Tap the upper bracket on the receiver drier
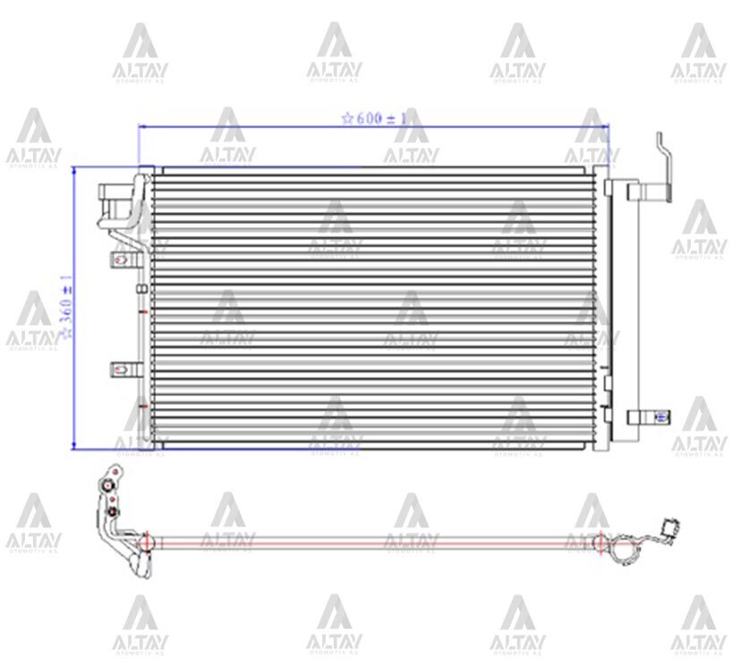pyautogui.click(x=648, y=191)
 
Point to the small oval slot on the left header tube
pyautogui.click(x=140, y=287)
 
